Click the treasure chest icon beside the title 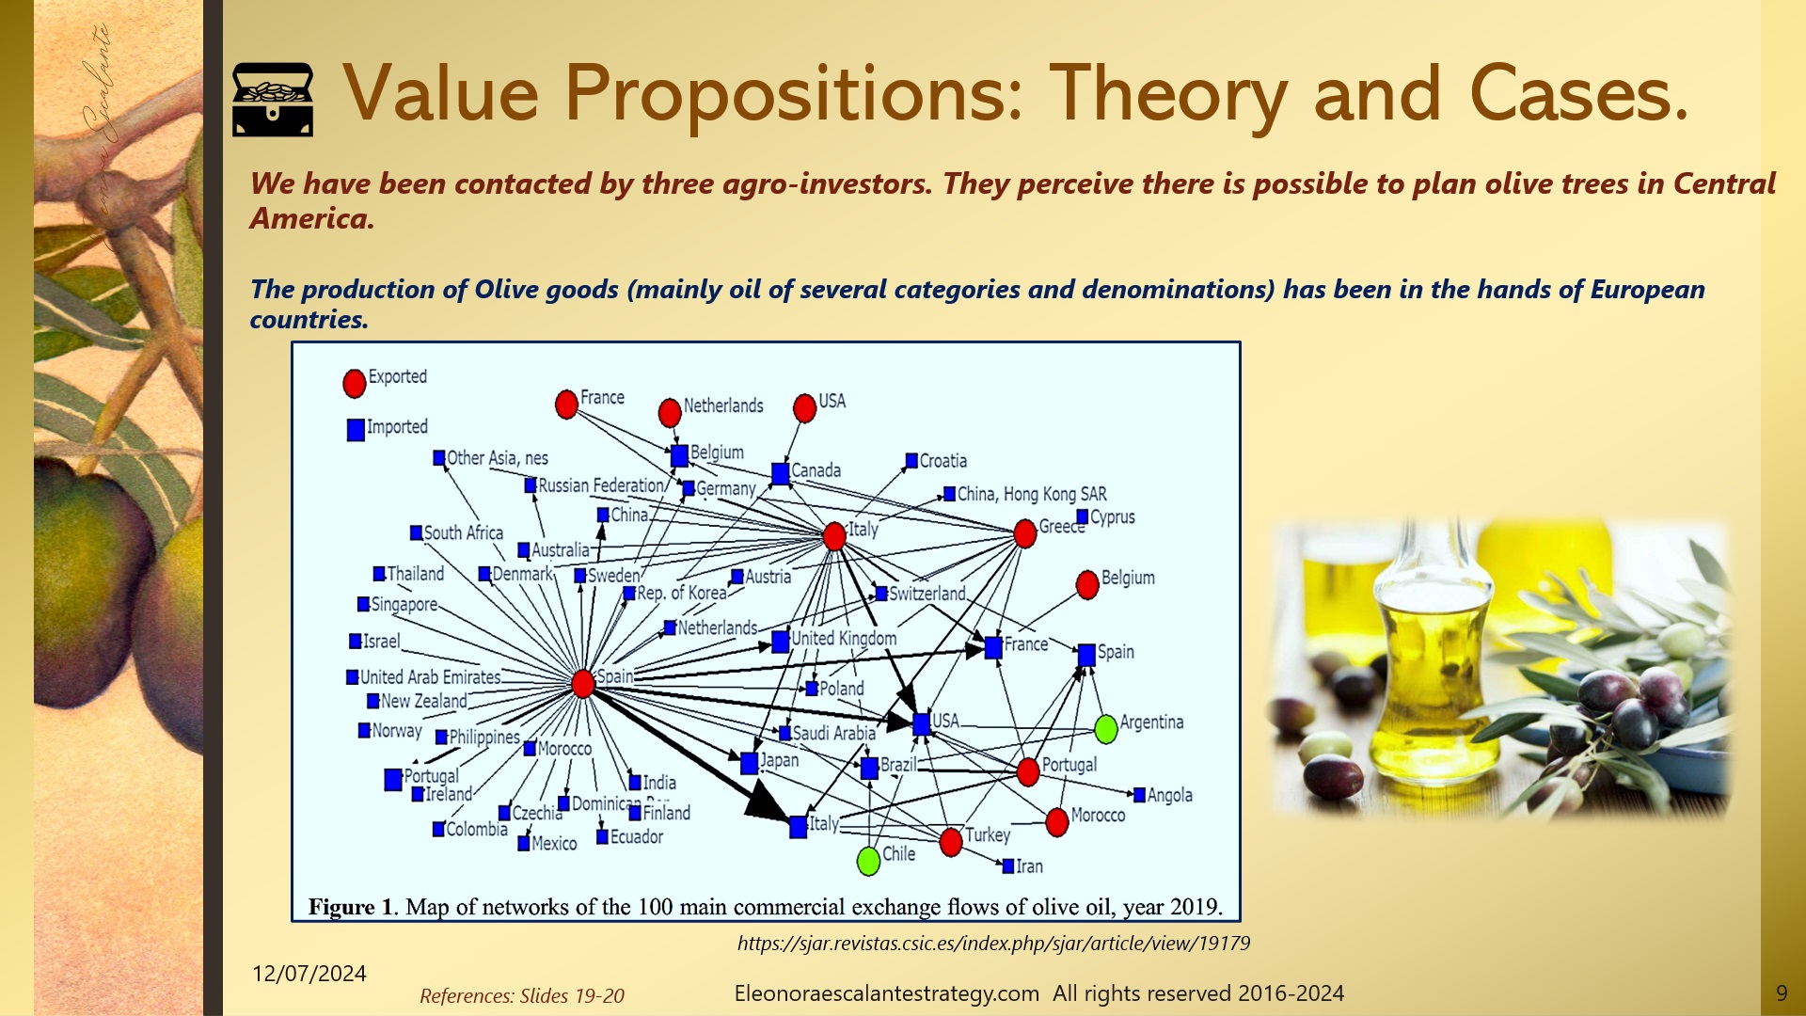pos(273,99)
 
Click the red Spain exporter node pos(583,683)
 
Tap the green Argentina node pos(1106,728)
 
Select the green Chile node pos(869,860)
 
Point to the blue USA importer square pos(922,723)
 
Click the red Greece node pos(1025,533)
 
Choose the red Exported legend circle pos(355,383)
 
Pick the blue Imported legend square pos(356,430)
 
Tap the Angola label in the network pos(1169,795)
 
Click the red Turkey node pos(951,842)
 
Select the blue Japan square pos(749,763)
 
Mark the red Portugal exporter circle pos(1028,771)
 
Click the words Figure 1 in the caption pos(350,907)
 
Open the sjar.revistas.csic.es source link pos(993,943)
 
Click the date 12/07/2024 pos(309,974)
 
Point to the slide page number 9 pos(1782,993)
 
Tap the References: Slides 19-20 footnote pos(521,995)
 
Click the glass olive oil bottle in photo pos(1420,659)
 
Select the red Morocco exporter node pos(1057,821)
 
